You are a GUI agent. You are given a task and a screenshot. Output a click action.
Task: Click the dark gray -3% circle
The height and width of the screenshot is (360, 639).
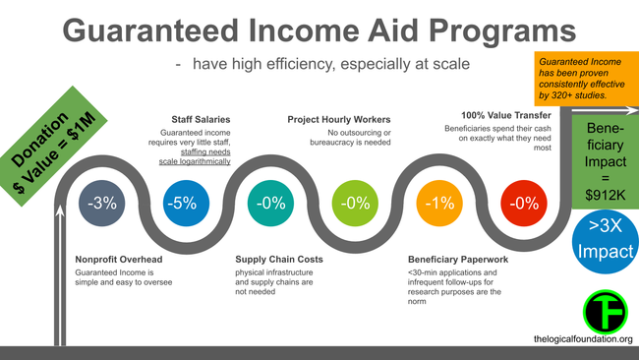point(102,204)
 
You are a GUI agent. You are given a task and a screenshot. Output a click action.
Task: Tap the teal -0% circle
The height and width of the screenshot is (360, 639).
point(269,204)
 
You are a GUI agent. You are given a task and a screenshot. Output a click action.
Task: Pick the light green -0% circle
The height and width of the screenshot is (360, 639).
point(353,204)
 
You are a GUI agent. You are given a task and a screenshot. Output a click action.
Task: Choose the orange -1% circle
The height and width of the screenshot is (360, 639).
point(437,204)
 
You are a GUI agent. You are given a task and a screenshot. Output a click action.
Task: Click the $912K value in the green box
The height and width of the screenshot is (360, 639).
point(602,195)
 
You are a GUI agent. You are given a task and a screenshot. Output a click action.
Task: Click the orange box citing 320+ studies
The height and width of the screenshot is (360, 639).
point(584,79)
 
